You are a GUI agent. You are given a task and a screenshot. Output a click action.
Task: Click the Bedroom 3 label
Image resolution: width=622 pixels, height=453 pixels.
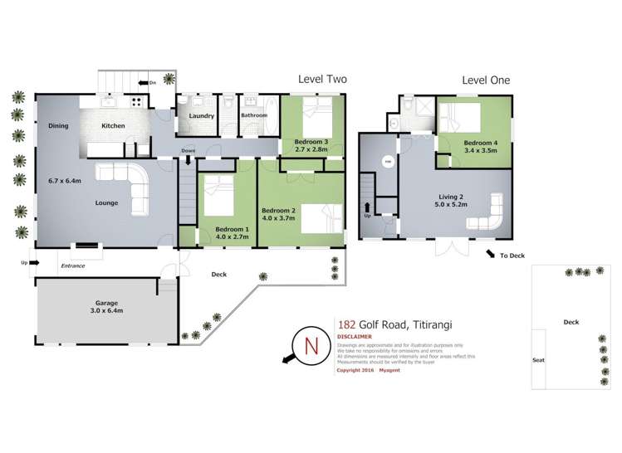point(311,142)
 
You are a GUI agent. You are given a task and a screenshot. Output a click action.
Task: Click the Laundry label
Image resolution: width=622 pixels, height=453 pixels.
point(202,115)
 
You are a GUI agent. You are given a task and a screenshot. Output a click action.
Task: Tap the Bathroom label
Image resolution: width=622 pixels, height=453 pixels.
point(254,115)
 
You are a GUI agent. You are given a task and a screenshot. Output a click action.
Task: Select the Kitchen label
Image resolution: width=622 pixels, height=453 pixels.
point(113,125)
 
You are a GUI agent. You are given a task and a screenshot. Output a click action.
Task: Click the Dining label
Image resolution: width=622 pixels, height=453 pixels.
point(58,125)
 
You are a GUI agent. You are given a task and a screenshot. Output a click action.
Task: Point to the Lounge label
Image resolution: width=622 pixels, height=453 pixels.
point(105,202)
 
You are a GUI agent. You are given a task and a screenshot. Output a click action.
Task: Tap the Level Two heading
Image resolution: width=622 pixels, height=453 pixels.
point(322,80)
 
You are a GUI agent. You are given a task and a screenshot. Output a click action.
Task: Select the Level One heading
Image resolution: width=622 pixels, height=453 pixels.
point(486,80)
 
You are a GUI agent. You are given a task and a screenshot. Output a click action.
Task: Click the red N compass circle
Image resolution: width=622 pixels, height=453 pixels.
point(311,344)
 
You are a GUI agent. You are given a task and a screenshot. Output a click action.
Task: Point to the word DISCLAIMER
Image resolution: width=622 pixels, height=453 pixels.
point(355,337)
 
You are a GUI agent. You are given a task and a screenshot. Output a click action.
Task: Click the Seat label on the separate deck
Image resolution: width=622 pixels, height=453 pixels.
point(538,360)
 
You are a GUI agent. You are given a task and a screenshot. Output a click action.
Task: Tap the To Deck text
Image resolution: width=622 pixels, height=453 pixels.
point(512,256)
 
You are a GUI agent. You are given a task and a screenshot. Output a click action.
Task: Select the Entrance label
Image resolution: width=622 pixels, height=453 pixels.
point(74,265)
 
